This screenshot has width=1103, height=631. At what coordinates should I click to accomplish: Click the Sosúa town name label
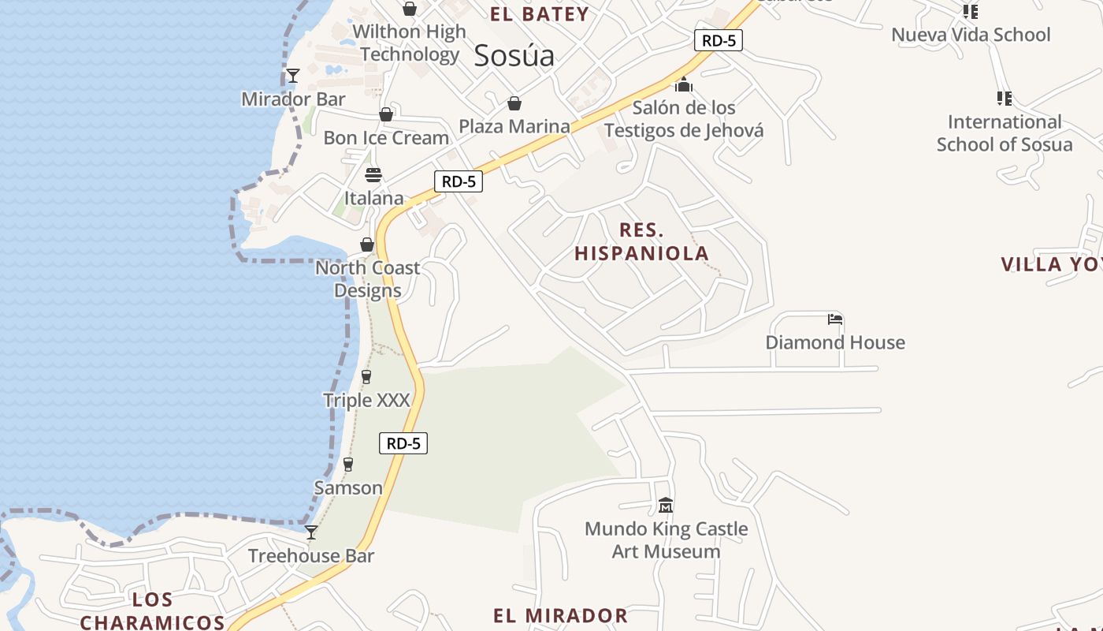(514, 55)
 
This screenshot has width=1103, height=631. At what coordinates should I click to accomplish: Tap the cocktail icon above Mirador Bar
(293, 76)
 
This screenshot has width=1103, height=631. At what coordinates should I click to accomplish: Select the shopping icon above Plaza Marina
(514, 103)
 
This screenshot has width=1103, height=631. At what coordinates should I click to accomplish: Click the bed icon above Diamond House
(835, 319)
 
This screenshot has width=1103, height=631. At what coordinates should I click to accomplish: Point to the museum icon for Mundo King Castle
(666, 505)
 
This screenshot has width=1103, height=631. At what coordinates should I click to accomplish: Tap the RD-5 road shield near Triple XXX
(403, 443)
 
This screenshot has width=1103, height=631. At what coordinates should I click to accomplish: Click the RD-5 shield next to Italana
(459, 181)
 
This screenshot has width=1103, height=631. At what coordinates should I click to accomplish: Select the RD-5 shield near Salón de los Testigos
(719, 40)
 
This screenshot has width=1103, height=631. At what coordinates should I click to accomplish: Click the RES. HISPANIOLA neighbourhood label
(641, 241)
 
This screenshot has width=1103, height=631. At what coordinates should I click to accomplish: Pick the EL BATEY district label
(540, 14)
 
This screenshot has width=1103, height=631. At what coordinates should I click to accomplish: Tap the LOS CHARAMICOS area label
(153, 610)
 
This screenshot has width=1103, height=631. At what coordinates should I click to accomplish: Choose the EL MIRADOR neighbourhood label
(560, 615)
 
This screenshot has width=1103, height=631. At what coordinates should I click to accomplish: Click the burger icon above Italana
(373, 174)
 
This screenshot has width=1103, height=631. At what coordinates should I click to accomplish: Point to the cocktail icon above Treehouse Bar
(311, 532)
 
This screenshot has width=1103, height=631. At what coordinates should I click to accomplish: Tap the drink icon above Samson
(348, 465)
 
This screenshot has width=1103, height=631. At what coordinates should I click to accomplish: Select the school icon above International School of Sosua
(1004, 99)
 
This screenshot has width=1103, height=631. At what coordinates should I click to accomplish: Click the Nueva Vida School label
(971, 35)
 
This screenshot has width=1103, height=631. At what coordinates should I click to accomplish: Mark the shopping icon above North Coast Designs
(367, 245)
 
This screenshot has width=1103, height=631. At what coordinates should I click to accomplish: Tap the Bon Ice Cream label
(386, 137)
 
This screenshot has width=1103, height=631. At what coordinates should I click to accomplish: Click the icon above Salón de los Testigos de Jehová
(683, 84)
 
